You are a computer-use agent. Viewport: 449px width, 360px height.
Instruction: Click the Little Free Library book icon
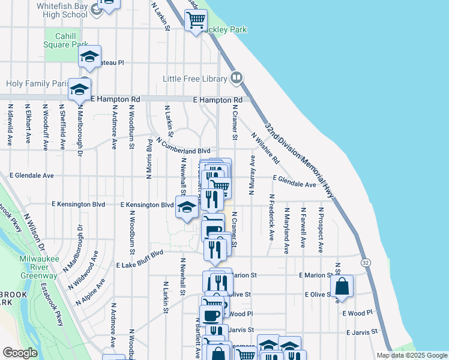click(237, 78)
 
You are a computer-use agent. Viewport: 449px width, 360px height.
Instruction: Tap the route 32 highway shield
click(366, 263)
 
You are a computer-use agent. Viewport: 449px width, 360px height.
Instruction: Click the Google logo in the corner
click(20, 353)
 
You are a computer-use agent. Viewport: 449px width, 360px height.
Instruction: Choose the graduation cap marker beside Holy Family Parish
click(79, 90)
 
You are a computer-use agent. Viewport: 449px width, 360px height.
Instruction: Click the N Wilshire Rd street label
click(265, 148)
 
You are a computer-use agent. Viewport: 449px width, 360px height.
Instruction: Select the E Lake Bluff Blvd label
click(140, 259)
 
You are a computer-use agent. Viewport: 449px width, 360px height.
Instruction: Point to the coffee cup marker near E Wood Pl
click(211, 316)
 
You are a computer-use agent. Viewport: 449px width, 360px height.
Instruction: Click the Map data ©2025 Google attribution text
click(411, 355)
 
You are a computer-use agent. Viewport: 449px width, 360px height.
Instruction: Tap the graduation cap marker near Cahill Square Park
click(89, 56)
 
